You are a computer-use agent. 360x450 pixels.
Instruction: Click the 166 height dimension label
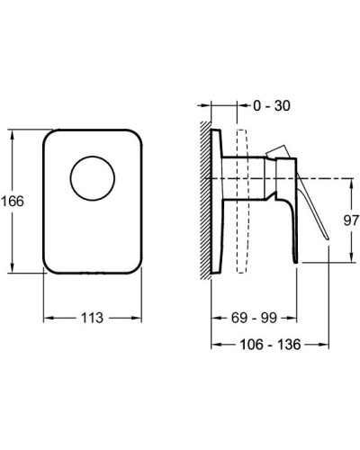tap(13, 201)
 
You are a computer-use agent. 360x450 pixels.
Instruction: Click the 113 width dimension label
tap(92, 318)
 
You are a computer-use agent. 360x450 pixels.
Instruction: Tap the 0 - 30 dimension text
tap(272, 105)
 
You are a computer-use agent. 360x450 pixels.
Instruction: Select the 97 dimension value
tap(351, 220)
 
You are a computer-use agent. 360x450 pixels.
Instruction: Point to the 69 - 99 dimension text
tap(254, 318)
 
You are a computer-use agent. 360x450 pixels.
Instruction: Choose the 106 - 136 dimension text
tap(270, 345)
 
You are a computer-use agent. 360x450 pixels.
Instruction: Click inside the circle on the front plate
tap(93, 178)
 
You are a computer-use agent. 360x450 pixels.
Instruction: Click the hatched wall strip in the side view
tap(206, 201)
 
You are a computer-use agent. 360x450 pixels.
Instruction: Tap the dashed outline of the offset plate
tap(242, 202)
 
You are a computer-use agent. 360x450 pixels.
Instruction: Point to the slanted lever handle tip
tap(328, 238)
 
